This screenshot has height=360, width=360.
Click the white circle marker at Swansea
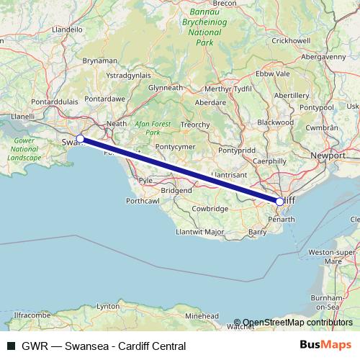coord(81,138)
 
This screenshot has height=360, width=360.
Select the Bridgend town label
coord(176,190)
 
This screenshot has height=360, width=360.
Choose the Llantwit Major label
coord(199,233)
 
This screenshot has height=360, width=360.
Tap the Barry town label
coord(256,232)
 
